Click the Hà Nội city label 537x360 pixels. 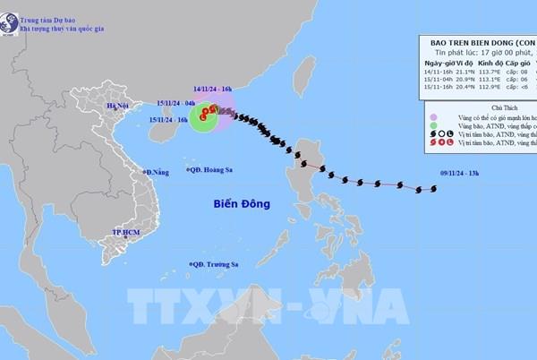click(x=118, y=107)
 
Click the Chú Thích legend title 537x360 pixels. click(x=484, y=106)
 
